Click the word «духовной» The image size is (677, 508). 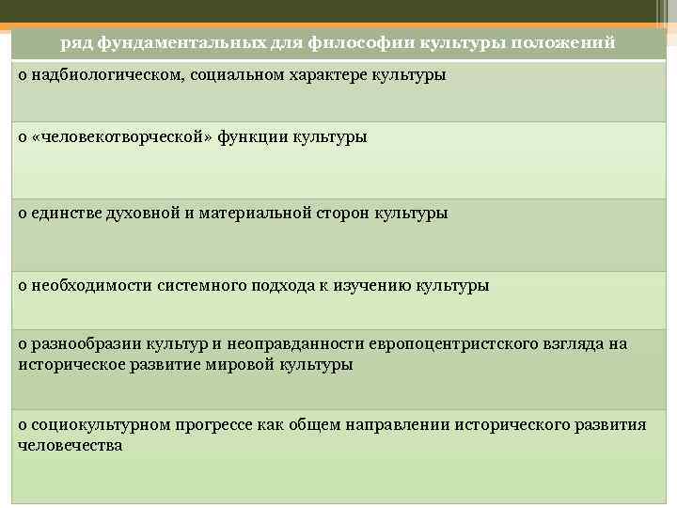[x=141, y=213]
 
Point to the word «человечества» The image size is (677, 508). [x=71, y=444]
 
